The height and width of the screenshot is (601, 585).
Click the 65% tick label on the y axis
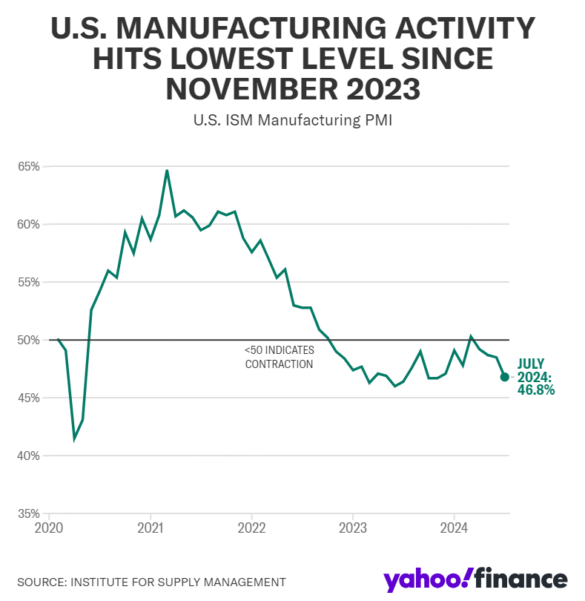coord(29,167)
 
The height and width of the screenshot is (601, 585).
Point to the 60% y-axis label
coord(29,225)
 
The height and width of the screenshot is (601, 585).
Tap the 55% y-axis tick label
coord(29,283)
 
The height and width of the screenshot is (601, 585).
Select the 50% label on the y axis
coord(29,341)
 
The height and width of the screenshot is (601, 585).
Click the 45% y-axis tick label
coord(29,398)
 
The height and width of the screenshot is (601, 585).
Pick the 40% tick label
coord(29,456)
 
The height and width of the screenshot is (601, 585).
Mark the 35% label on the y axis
coord(29,514)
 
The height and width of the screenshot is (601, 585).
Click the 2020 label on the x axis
coord(49,528)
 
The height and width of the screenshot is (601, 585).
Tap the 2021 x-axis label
coord(151,528)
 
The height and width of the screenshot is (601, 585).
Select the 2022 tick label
coord(251,528)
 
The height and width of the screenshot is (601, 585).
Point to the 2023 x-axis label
coord(353,528)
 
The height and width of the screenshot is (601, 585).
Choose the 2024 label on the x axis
coord(454,528)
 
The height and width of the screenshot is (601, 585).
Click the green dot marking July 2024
coord(504,377)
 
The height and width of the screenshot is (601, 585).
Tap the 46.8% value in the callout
coord(536,390)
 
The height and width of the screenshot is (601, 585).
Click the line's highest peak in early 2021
coord(167,170)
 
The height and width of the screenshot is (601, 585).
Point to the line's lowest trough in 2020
coord(74,439)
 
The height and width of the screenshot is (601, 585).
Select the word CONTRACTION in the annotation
coord(279,364)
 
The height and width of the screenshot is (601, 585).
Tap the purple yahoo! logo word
coord(426,580)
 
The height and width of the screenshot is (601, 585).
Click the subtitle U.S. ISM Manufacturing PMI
coord(293,120)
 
